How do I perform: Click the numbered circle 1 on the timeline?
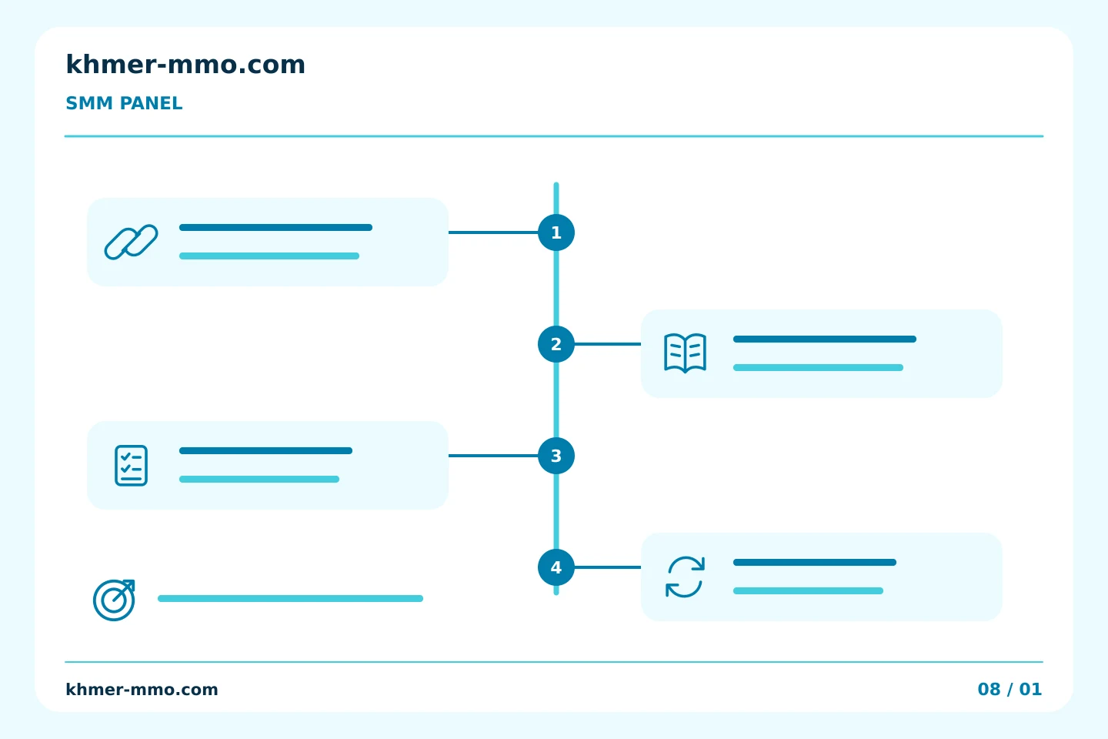point(556,232)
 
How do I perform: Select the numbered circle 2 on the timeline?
point(556,344)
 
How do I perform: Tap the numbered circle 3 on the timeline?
point(556,456)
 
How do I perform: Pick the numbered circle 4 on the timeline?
point(556,567)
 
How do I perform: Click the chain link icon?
point(131,242)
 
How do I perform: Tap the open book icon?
point(685,353)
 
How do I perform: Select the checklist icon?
point(131,465)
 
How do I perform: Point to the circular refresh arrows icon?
point(685,577)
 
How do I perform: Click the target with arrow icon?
point(114,600)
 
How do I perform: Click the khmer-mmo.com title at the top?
point(185,65)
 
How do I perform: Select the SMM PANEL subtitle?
point(124,103)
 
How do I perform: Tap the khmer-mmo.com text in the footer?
point(142,690)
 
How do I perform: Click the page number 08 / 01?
point(1010,690)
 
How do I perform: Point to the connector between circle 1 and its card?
point(493,232)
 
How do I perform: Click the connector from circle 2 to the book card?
point(608,344)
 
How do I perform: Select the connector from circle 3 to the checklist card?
point(493,456)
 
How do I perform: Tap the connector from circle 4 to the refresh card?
point(608,567)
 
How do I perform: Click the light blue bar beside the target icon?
point(290,598)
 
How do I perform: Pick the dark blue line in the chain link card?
point(275,228)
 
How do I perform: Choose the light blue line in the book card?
point(818,368)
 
